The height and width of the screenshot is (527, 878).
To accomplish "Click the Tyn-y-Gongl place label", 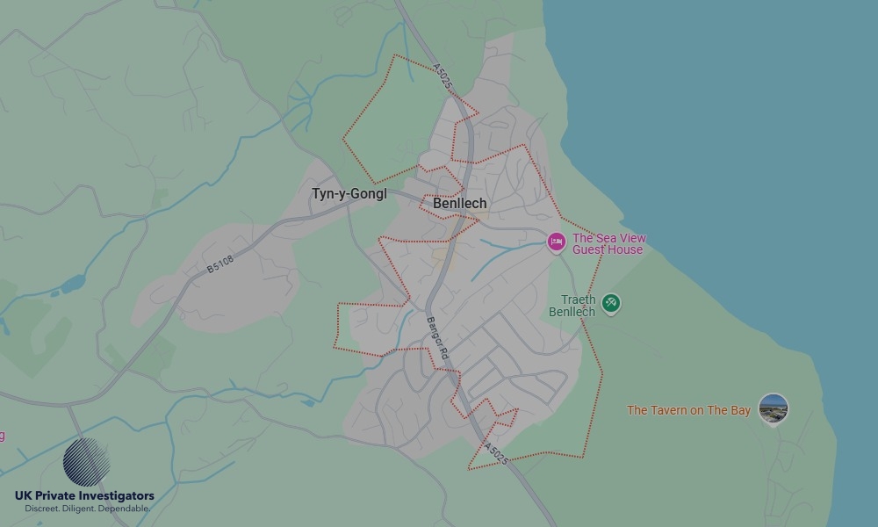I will [x=349, y=194].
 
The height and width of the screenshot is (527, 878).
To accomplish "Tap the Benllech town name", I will [x=459, y=203].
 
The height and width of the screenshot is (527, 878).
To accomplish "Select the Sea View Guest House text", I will [x=608, y=243].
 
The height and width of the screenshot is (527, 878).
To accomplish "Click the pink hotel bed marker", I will [x=556, y=242].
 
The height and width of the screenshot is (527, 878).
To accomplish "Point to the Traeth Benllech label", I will [x=572, y=306].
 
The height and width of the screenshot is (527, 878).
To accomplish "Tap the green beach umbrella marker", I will [x=611, y=304].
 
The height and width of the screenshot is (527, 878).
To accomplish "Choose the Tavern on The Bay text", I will [x=688, y=410].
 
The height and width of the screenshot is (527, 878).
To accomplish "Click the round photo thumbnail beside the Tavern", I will [x=774, y=408].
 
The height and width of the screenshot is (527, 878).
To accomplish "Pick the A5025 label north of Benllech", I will [x=443, y=76].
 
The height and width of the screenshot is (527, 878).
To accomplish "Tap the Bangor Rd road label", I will [x=437, y=338].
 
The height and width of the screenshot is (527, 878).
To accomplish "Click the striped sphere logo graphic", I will [x=87, y=462].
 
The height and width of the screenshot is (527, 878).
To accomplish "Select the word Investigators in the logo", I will [x=119, y=496].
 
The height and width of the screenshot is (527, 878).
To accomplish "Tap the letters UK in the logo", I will [x=24, y=496].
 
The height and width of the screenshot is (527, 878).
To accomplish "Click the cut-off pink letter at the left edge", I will [x=2, y=436].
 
